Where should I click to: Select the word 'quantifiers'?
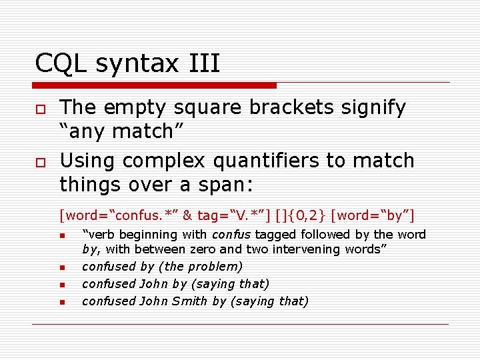click(291, 161)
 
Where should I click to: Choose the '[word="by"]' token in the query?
click(377, 215)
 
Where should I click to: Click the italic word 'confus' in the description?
click(230, 235)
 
